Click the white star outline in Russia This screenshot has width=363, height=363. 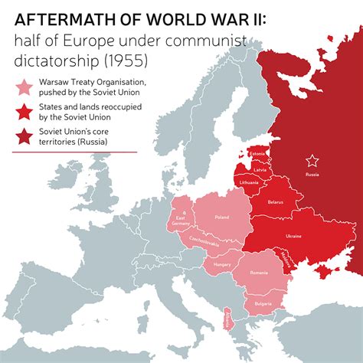[x=312, y=161]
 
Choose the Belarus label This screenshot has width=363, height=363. [x=276, y=203]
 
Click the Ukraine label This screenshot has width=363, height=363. [x=293, y=236]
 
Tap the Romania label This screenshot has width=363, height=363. [x=258, y=273]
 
